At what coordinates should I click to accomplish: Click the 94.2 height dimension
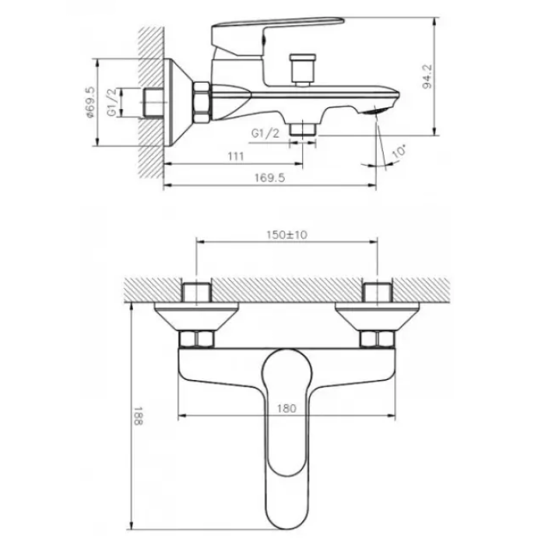(428, 76)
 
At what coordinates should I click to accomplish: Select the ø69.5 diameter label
(90, 102)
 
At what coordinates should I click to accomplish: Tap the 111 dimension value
(236, 156)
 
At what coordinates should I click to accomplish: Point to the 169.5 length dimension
(269, 178)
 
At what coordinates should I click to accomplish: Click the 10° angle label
(399, 152)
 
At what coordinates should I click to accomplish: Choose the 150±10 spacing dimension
(287, 235)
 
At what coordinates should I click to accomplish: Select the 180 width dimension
(287, 408)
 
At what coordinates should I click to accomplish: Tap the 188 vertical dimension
(138, 416)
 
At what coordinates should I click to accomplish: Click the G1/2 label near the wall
(112, 102)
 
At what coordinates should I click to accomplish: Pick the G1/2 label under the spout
(265, 133)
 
